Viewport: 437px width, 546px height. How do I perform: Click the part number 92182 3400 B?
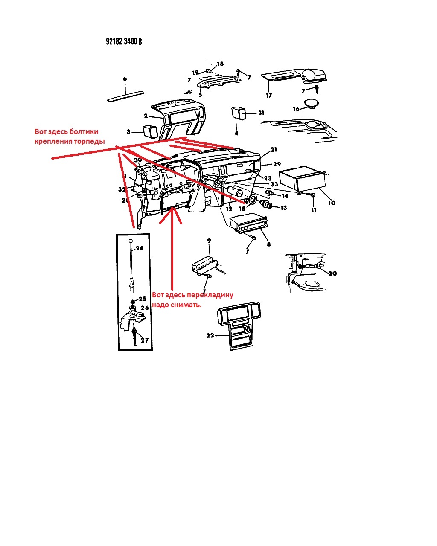(124, 41)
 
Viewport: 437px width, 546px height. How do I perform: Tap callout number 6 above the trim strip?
(125, 79)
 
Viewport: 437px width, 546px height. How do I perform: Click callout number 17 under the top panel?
(269, 96)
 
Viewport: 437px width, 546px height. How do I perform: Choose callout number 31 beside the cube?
(261, 113)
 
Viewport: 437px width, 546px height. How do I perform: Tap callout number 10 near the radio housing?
(332, 203)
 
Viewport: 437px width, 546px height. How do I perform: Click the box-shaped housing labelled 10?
(302, 178)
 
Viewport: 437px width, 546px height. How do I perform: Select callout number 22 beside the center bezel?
(210, 335)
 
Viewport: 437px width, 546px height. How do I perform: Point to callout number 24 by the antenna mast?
(140, 248)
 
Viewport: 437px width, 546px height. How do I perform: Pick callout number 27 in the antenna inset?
(145, 340)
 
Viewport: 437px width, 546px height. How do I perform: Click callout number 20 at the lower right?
(332, 273)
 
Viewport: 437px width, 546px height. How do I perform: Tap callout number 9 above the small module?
(209, 241)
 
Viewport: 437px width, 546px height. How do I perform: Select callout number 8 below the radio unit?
(268, 244)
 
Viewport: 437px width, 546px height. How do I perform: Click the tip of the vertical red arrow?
(171, 210)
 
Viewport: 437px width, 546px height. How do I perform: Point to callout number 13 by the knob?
(283, 208)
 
